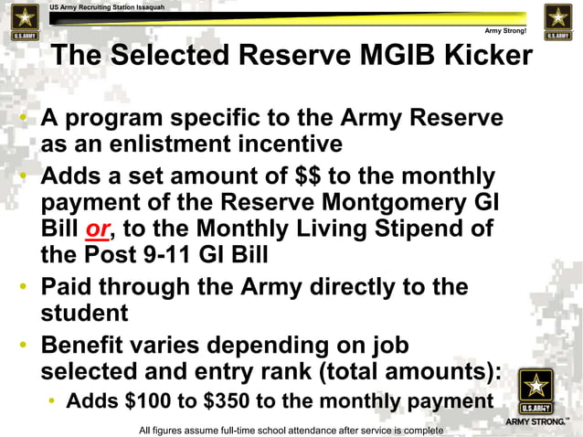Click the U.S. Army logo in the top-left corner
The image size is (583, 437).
coord(21,22)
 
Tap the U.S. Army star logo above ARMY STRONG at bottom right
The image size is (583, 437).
coord(534,391)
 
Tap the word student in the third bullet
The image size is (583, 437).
coord(81,314)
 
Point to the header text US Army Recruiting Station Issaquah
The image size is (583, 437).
coord(107,6)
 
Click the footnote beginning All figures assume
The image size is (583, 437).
coord(291,430)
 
